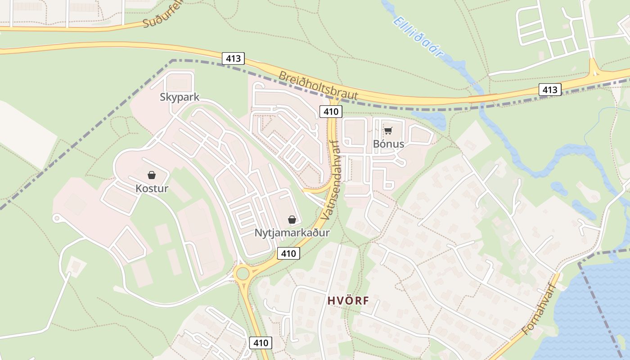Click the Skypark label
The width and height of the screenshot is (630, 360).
(179, 97)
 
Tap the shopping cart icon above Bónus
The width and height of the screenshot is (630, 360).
(388, 131)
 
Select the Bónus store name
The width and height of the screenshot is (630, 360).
(388, 144)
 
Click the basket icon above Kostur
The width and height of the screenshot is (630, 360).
(152, 175)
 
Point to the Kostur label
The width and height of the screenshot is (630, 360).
(152, 188)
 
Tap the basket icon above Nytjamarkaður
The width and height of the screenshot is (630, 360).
(292, 220)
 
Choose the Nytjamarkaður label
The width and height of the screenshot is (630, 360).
(292, 233)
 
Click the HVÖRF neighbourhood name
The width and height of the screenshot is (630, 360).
(348, 301)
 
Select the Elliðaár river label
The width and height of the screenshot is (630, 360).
(418, 37)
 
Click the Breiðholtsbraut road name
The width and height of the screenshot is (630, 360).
(318, 85)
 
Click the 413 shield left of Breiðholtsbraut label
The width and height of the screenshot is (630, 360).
(233, 58)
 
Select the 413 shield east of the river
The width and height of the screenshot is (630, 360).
(550, 90)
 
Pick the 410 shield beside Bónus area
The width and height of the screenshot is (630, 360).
(331, 111)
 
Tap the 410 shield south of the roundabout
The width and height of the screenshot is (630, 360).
(261, 343)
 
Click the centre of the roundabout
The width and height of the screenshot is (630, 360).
(243, 273)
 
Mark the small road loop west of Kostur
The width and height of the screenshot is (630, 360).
(56, 219)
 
